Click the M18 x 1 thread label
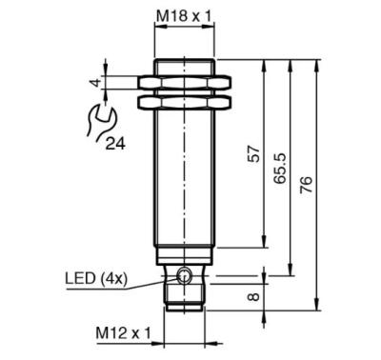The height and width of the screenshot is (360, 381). click(184, 15)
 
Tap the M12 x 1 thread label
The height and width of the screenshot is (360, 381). click(123, 333)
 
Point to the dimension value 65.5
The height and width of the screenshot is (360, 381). click(280, 169)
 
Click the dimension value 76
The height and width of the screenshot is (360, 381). click(307, 185)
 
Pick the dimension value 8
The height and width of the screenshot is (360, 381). click(254, 296)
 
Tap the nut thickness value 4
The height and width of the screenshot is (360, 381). click(95, 83)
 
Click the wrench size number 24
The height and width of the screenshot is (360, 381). click(115, 144)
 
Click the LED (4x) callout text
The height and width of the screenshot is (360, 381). click(96, 278)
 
